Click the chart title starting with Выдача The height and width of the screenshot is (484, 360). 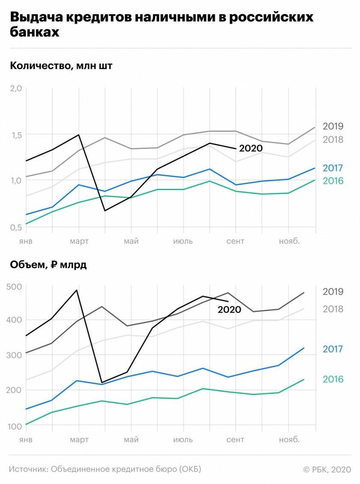point(161,25)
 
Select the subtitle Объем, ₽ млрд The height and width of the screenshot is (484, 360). point(48,265)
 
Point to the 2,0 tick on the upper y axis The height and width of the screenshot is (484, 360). point(15,89)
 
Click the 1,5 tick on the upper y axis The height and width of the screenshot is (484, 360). point(15,135)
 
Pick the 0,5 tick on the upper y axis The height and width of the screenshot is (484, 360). point(15,227)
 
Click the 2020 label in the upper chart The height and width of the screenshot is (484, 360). point(250,148)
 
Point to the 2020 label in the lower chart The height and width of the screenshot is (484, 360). point(229,309)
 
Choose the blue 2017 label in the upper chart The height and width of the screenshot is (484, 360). point(333,167)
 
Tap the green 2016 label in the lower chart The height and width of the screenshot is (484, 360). point(333,379)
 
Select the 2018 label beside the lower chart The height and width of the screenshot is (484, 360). point(333,308)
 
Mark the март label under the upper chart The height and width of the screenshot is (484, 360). point(79,241)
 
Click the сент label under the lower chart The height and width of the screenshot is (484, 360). point(235,440)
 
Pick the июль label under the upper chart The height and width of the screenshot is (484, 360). point(183,241)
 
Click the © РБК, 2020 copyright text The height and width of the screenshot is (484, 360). point(327,469)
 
